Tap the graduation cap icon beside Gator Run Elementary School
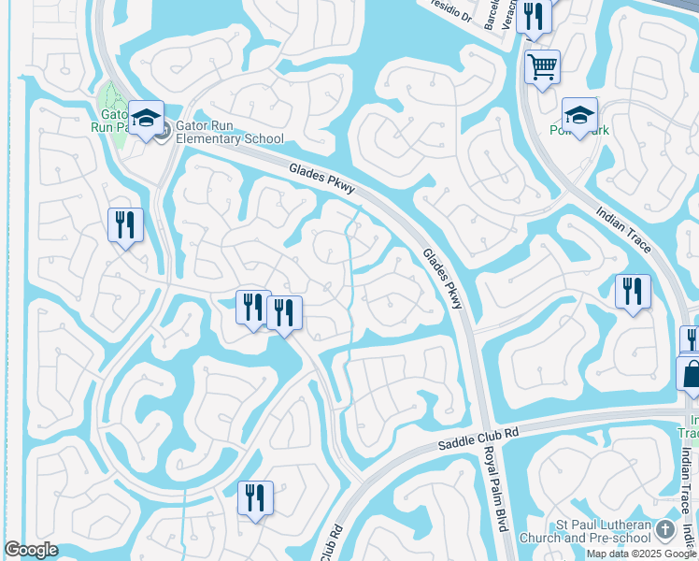(146, 118)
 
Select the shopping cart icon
(542, 67)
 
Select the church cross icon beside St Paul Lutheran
(664, 530)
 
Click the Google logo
(31, 550)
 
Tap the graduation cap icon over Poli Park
(579, 116)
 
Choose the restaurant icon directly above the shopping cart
(534, 16)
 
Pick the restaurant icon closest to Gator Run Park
(125, 225)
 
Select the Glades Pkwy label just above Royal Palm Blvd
(442, 279)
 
